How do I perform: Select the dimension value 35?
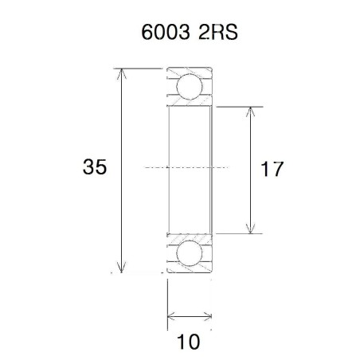click(95, 168)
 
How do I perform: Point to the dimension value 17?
click(272, 170)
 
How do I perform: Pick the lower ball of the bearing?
click(190, 254)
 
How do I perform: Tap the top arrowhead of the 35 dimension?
click(122, 74)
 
